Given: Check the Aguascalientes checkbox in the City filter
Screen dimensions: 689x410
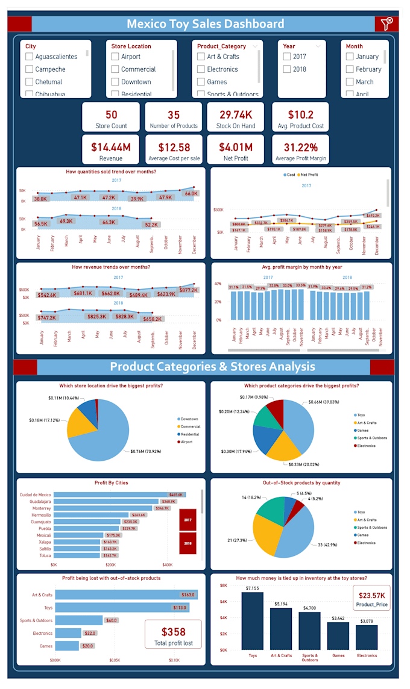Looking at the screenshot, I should click(x=29, y=57).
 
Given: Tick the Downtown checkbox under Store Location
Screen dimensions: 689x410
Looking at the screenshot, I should click(x=115, y=82).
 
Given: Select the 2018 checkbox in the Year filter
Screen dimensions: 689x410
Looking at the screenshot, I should click(x=287, y=69).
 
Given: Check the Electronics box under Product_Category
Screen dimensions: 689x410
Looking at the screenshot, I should click(x=201, y=69).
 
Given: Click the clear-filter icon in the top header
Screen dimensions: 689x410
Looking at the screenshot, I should click(x=386, y=24).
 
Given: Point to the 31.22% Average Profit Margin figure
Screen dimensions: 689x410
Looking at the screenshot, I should click(x=300, y=147).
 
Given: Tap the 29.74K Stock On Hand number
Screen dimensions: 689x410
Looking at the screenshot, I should click(x=236, y=114).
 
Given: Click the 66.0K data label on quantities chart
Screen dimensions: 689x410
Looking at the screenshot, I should click(x=191, y=194).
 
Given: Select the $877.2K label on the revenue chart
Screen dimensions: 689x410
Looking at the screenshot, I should click(x=188, y=290).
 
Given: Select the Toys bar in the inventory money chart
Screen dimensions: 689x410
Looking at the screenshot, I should click(x=253, y=620).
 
